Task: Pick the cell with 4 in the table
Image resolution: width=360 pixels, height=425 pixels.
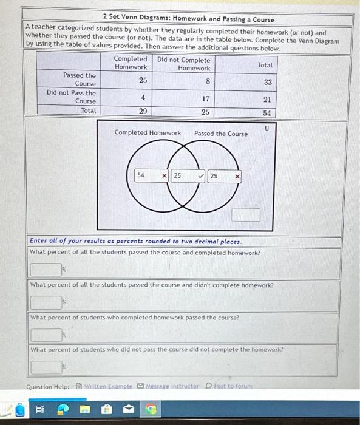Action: tap(143, 97)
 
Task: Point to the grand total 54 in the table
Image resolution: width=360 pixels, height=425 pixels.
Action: tap(267, 113)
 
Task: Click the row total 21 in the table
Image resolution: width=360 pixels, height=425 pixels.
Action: tap(267, 98)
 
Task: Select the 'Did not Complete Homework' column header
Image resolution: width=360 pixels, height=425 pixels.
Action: tap(184, 64)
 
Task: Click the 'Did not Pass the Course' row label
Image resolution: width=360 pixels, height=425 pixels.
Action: tap(71, 97)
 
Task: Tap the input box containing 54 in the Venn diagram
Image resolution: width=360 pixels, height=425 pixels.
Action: tap(146, 175)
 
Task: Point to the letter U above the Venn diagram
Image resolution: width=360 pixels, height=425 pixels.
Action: tap(266, 128)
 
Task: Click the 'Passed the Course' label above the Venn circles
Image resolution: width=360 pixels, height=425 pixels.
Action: tap(221, 134)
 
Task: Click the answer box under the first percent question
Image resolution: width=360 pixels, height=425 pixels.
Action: tap(46, 268)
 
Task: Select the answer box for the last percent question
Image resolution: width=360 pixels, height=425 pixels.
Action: tap(46, 366)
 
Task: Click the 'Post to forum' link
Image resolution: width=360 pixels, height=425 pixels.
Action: tap(231, 386)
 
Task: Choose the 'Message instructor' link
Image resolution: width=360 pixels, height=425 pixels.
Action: tap(168, 386)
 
